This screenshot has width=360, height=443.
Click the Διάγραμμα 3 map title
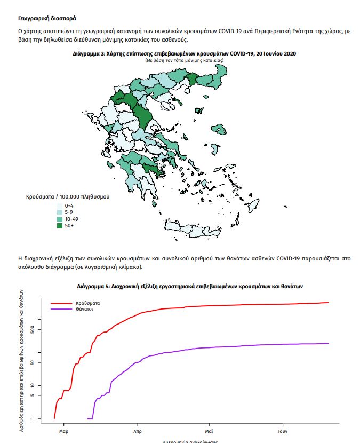pos(184,54)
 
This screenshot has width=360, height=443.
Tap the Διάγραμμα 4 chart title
pos(189,286)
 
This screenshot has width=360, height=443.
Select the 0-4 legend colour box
pos(60,205)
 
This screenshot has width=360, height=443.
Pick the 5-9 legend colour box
pos(60,212)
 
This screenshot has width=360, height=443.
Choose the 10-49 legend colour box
pos(60,219)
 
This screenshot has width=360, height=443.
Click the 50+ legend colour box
pos(60,226)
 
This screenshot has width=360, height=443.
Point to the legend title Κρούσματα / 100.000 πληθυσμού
pos(68,197)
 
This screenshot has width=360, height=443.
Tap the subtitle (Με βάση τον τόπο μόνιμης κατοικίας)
pos(184,61)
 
